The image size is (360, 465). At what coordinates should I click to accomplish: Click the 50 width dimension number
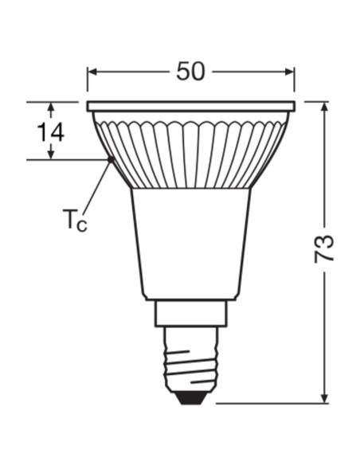coord(190,71)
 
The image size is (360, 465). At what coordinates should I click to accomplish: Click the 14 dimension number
coord(50,131)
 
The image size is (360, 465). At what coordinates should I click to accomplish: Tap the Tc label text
coord(74,220)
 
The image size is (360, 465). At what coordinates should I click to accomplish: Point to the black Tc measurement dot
coord(110,160)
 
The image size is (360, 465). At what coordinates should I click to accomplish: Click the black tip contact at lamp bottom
coord(190,397)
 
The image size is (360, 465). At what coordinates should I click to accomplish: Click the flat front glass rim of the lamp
coord(190,105)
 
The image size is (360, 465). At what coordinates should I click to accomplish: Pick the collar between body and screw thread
coord(190,312)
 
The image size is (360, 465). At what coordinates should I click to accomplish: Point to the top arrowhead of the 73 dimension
coord(324,107)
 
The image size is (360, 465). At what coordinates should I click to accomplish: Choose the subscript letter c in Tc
coord(81,225)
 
